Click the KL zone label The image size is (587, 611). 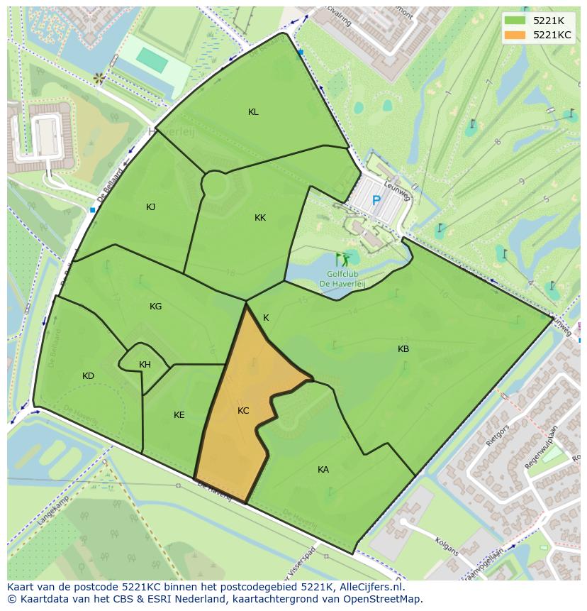click(253, 112)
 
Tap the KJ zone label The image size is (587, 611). click(150, 207)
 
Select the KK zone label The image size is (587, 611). click(260, 218)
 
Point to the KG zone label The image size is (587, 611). click(155, 307)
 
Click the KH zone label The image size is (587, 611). click(145, 365)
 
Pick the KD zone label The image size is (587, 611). click(88, 376)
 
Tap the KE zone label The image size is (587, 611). click(179, 415)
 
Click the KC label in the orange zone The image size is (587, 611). click(243, 411)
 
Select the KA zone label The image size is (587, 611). click(323, 470)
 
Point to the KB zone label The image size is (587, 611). click(403, 349)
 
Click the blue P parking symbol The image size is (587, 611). click(376, 201)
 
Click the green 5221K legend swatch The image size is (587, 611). click(515, 21)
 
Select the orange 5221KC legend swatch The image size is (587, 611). click(515, 35)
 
